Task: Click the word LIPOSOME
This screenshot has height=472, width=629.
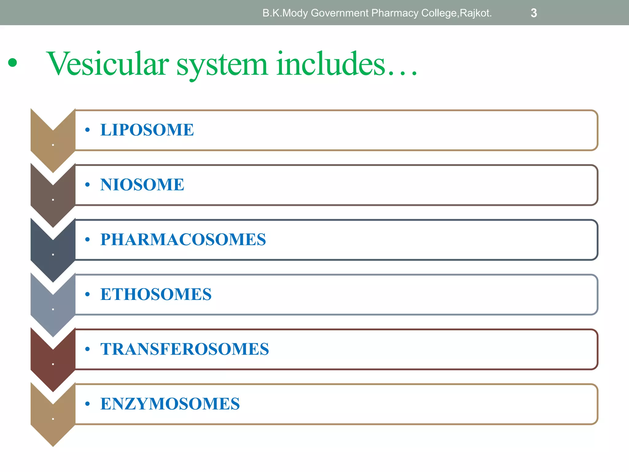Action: tap(147, 130)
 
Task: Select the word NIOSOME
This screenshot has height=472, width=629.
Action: tap(142, 185)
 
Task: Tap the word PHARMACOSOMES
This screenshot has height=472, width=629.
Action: tap(183, 239)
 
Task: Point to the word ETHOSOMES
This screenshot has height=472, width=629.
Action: tap(156, 294)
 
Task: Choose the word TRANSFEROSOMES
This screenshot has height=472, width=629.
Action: tap(185, 349)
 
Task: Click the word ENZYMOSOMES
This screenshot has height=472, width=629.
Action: tap(170, 404)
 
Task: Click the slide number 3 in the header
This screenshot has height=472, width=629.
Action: tap(534, 13)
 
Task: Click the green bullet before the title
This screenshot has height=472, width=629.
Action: tap(13, 63)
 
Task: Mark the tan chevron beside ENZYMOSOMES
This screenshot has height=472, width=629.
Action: tap(53, 418)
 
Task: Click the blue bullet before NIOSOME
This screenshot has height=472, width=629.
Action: tap(88, 185)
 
